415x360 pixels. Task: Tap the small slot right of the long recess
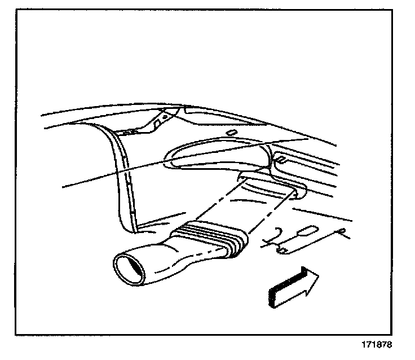[280, 160]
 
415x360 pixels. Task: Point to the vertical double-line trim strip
[126, 181]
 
